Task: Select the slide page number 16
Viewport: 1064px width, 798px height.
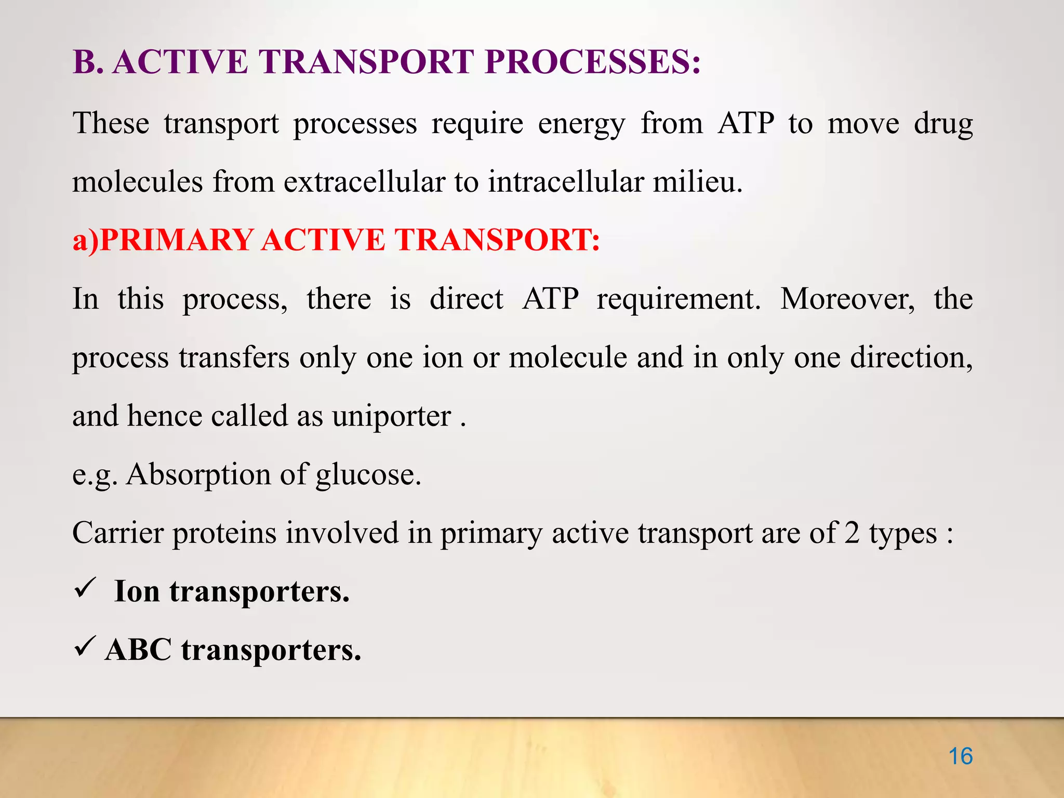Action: [960, 756]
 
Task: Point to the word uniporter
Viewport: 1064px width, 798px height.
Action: [392, 417]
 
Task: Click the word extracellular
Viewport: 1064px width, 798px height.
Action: [364, 182]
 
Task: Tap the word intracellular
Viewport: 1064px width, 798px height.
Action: [565, 182]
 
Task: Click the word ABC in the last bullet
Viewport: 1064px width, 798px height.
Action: [138, 649]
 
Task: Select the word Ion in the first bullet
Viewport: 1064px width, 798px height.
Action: [137, 591]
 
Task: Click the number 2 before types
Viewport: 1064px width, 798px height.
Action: [852, 533]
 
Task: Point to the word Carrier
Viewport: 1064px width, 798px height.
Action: [117, 533]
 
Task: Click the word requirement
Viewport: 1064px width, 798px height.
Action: [678, 299]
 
